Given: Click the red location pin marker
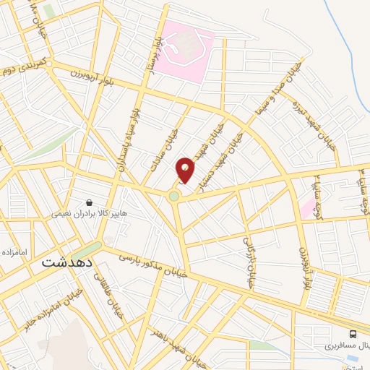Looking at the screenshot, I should [186, 169].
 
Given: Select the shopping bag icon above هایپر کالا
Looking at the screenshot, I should [89, 203].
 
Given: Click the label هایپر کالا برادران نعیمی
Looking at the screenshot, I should [89, 215].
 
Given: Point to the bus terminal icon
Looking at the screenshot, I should [353, 333].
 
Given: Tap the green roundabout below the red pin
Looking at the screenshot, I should [173, 196].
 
